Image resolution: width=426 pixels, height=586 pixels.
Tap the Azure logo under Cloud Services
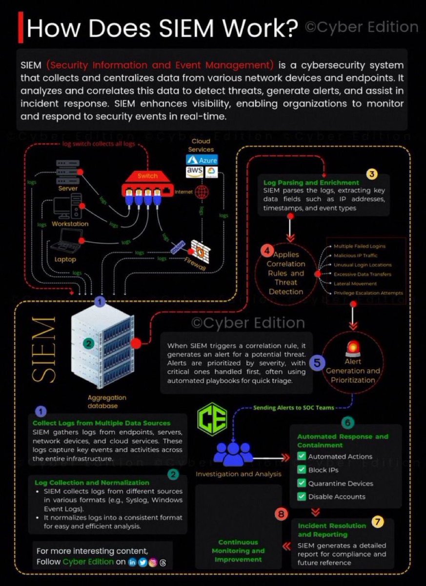tap(202, 160)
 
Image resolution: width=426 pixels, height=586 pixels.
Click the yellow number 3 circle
tap(372, 174)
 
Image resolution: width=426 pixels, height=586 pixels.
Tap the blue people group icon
tap(234, 454)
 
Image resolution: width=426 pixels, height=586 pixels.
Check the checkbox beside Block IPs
tap(302, 470)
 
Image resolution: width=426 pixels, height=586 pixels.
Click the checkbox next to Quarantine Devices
tap(302, 483)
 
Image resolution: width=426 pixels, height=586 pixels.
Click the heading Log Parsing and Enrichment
tap(311, 183)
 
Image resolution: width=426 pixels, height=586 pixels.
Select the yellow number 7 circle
tap(378, 521)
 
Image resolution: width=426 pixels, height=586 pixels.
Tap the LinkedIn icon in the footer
tap(132, 562)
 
